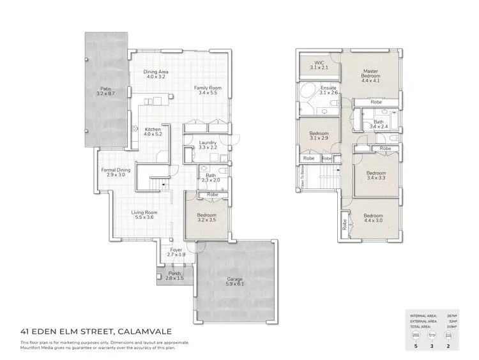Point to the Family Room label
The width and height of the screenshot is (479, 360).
coord(208,90)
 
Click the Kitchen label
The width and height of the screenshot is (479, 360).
coord(153,131)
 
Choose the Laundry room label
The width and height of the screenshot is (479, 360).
coord(208,145)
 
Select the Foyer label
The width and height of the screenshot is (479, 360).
coord(176,253)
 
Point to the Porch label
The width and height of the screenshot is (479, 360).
coord(174,277)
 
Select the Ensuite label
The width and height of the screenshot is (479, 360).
coord(329,91)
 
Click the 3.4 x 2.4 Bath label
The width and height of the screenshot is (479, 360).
coord(379,124)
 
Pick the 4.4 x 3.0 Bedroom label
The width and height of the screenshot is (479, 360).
coord(376,218)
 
